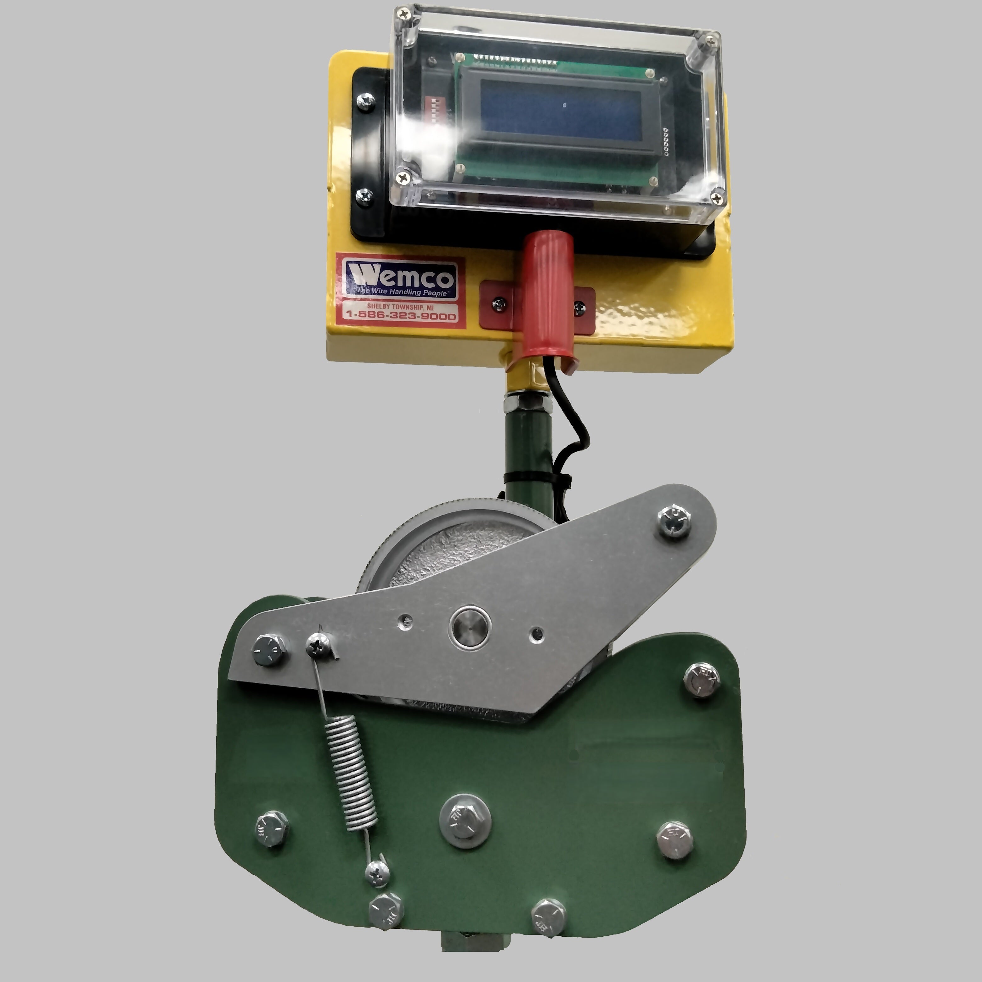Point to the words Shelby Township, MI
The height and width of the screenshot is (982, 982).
(x=400, y=307)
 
